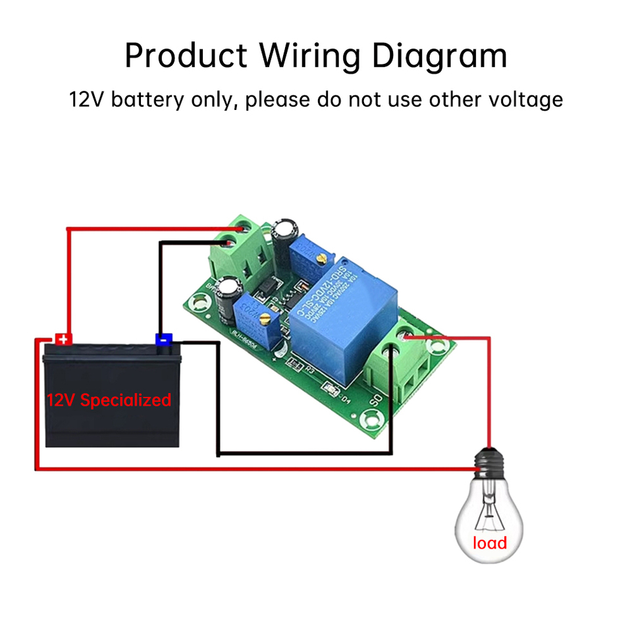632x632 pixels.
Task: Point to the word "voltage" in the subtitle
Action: tap(525, 100)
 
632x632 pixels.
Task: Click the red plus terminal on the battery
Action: tap(63, 340)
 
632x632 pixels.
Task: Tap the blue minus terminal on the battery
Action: tap(163, 340)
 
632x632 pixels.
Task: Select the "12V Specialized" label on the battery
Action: tap(109, 400)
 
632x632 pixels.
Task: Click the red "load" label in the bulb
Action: tap(489, 543)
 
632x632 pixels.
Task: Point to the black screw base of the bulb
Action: tap(490, 463)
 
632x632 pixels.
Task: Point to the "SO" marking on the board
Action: tap(377, 399)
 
